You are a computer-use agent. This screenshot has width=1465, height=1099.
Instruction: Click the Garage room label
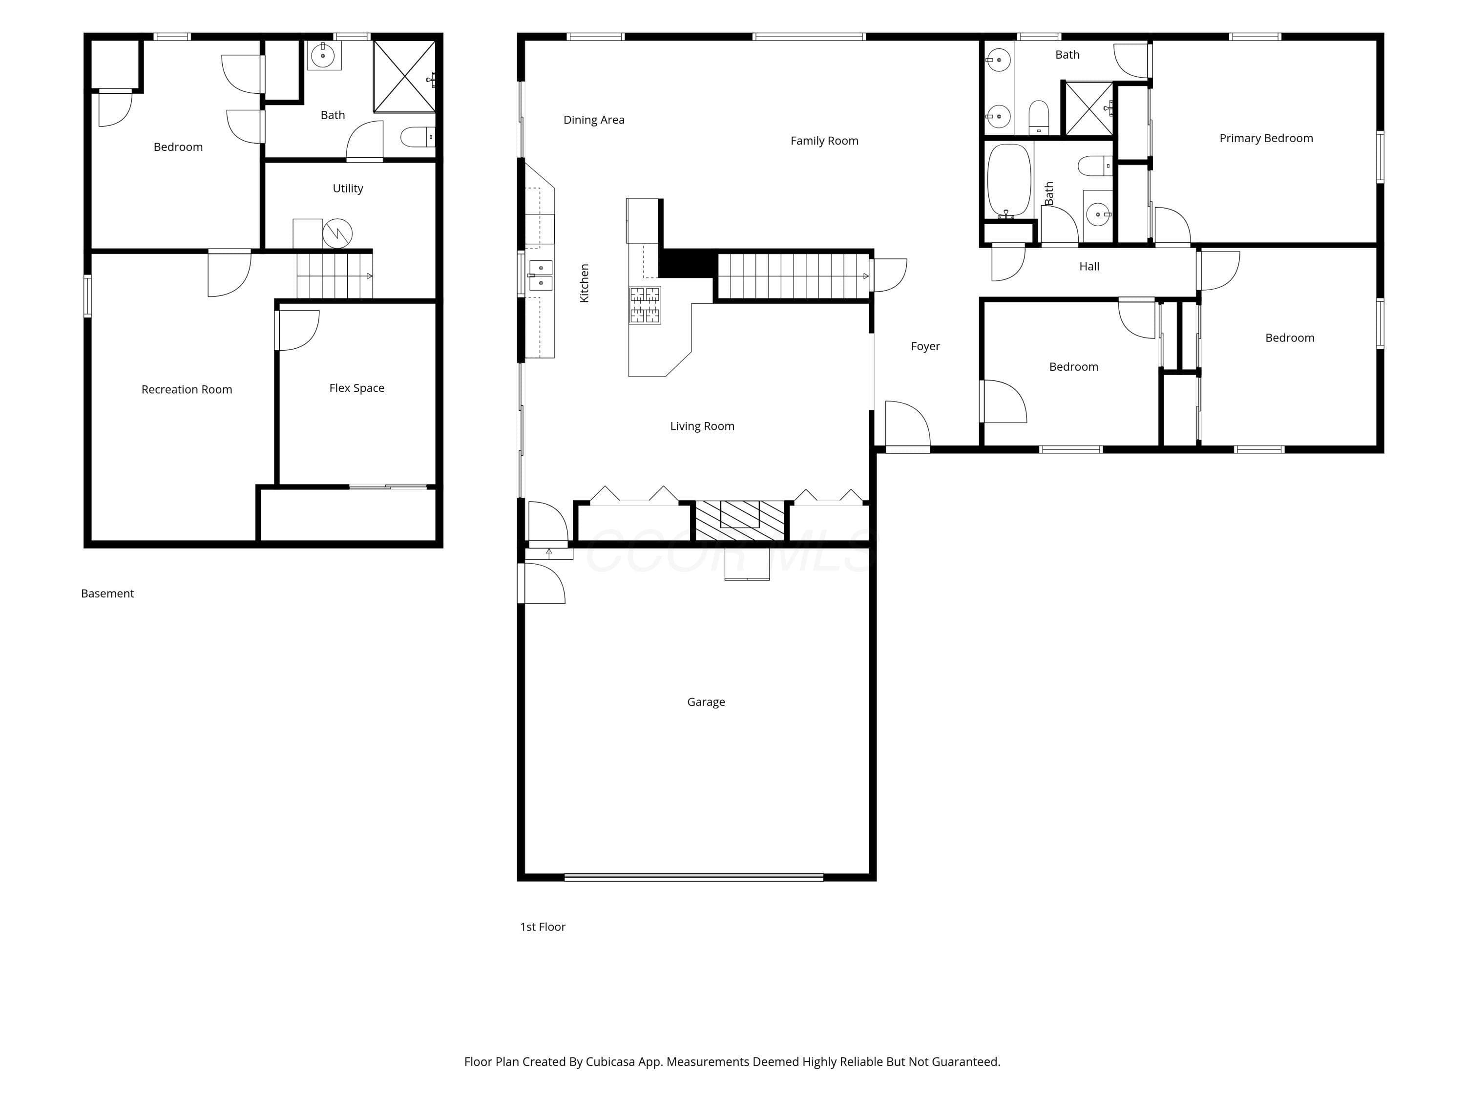click(706, 702)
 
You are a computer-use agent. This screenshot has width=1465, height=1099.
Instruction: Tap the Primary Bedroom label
click(1266, 138)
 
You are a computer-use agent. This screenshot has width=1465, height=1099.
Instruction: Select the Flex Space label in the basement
click(356, 388)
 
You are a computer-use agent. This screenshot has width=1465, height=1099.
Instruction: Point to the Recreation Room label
click(187, 389)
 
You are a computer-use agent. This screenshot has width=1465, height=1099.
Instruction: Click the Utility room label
click(348, 189)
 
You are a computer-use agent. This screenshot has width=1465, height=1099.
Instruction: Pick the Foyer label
click(925, 346)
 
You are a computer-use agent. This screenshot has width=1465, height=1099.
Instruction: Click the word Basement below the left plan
click(107, 593)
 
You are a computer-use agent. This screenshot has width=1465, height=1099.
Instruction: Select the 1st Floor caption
click(543, 927)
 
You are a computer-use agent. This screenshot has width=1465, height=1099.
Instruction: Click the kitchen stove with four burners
click(645, 305)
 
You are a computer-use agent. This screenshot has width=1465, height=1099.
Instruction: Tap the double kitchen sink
click(541, 275)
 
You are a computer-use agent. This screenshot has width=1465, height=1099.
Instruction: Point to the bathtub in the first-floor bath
click(1009, 181)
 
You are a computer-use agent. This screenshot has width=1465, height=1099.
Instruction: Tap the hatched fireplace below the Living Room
click(739, 521)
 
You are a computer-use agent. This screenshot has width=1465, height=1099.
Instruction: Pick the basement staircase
click(335, 275)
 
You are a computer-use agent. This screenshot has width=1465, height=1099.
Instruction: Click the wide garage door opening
click(693, 877)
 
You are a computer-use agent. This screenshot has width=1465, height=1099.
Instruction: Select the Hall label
click(1089, 266)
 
